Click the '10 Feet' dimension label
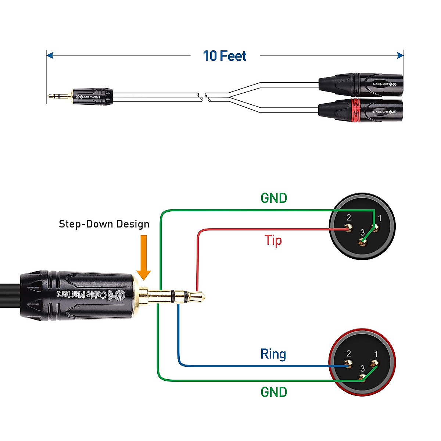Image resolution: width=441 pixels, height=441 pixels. (x=225, y=56)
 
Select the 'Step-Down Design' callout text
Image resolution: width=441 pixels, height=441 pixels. (x=104, y=224)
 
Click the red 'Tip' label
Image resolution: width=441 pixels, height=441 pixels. (x=273, y=240)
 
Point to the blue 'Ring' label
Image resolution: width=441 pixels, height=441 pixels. (x=273, y=354)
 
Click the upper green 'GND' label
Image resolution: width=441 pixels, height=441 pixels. (x=274, y=198)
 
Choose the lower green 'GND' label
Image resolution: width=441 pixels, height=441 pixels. (x=274, y=392)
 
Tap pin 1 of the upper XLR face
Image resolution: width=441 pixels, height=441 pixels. (x=376, y=230)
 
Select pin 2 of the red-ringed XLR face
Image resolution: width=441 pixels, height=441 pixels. (x=348, y=365)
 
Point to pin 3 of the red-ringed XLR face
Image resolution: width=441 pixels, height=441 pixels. (x=363, y=378)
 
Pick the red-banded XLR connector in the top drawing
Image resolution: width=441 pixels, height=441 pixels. (x=360, y=110)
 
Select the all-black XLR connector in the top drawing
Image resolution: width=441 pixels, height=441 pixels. (x=360, y=84)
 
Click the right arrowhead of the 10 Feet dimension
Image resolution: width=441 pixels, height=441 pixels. (x=401, y=56)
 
